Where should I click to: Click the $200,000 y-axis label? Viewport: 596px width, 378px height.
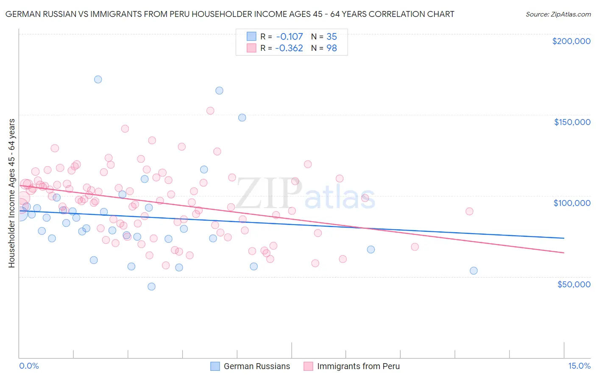tap(571, 41)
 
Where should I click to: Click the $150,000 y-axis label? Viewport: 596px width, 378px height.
tap(572, 122)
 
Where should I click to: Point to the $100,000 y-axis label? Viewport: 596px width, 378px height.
tap(572, 203)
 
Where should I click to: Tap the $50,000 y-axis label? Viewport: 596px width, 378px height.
tap(574, 284)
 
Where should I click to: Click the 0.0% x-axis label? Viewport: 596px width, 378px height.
tap(29, 366)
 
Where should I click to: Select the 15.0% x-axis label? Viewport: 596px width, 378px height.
tap(579, 366)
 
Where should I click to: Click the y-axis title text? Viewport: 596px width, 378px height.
tap(11, 193)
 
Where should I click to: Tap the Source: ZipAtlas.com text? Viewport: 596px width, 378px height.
tap(558, 14)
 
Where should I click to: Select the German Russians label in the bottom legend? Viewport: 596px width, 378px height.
tap(256, 366)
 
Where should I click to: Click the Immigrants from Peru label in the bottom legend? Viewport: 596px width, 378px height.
tap(358, 366)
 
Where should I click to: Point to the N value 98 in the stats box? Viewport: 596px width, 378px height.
tap(331, 48)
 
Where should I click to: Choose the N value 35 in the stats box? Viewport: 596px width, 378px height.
tap(331, 36)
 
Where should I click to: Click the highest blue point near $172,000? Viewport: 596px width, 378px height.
tap(98, 79)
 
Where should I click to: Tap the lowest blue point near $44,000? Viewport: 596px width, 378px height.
tap(151, 286)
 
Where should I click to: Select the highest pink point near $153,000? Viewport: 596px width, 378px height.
tap(210, 111)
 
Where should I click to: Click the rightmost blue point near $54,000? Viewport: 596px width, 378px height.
tap(473, 271)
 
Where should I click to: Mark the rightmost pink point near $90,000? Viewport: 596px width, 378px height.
tap(469, 211)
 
